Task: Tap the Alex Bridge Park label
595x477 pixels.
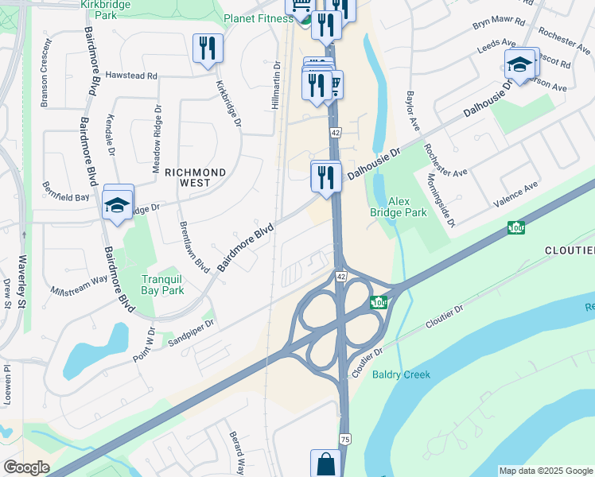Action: tap(399, 207)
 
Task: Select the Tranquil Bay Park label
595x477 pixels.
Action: tap(162, 285)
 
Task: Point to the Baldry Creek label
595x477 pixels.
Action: tap(401, 374)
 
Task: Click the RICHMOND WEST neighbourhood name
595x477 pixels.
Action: tap(195, 177)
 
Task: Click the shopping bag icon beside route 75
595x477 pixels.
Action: tap(325, 462)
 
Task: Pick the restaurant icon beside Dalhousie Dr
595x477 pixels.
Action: tap(325, 176)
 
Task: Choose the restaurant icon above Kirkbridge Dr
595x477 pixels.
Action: tap(207, 48)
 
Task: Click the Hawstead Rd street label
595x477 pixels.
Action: tap(131, 76)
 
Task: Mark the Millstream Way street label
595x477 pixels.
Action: tap(78, 284)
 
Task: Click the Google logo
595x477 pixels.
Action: tap(26, 467)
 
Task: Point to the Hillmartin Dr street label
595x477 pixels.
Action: tap(277, 85)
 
